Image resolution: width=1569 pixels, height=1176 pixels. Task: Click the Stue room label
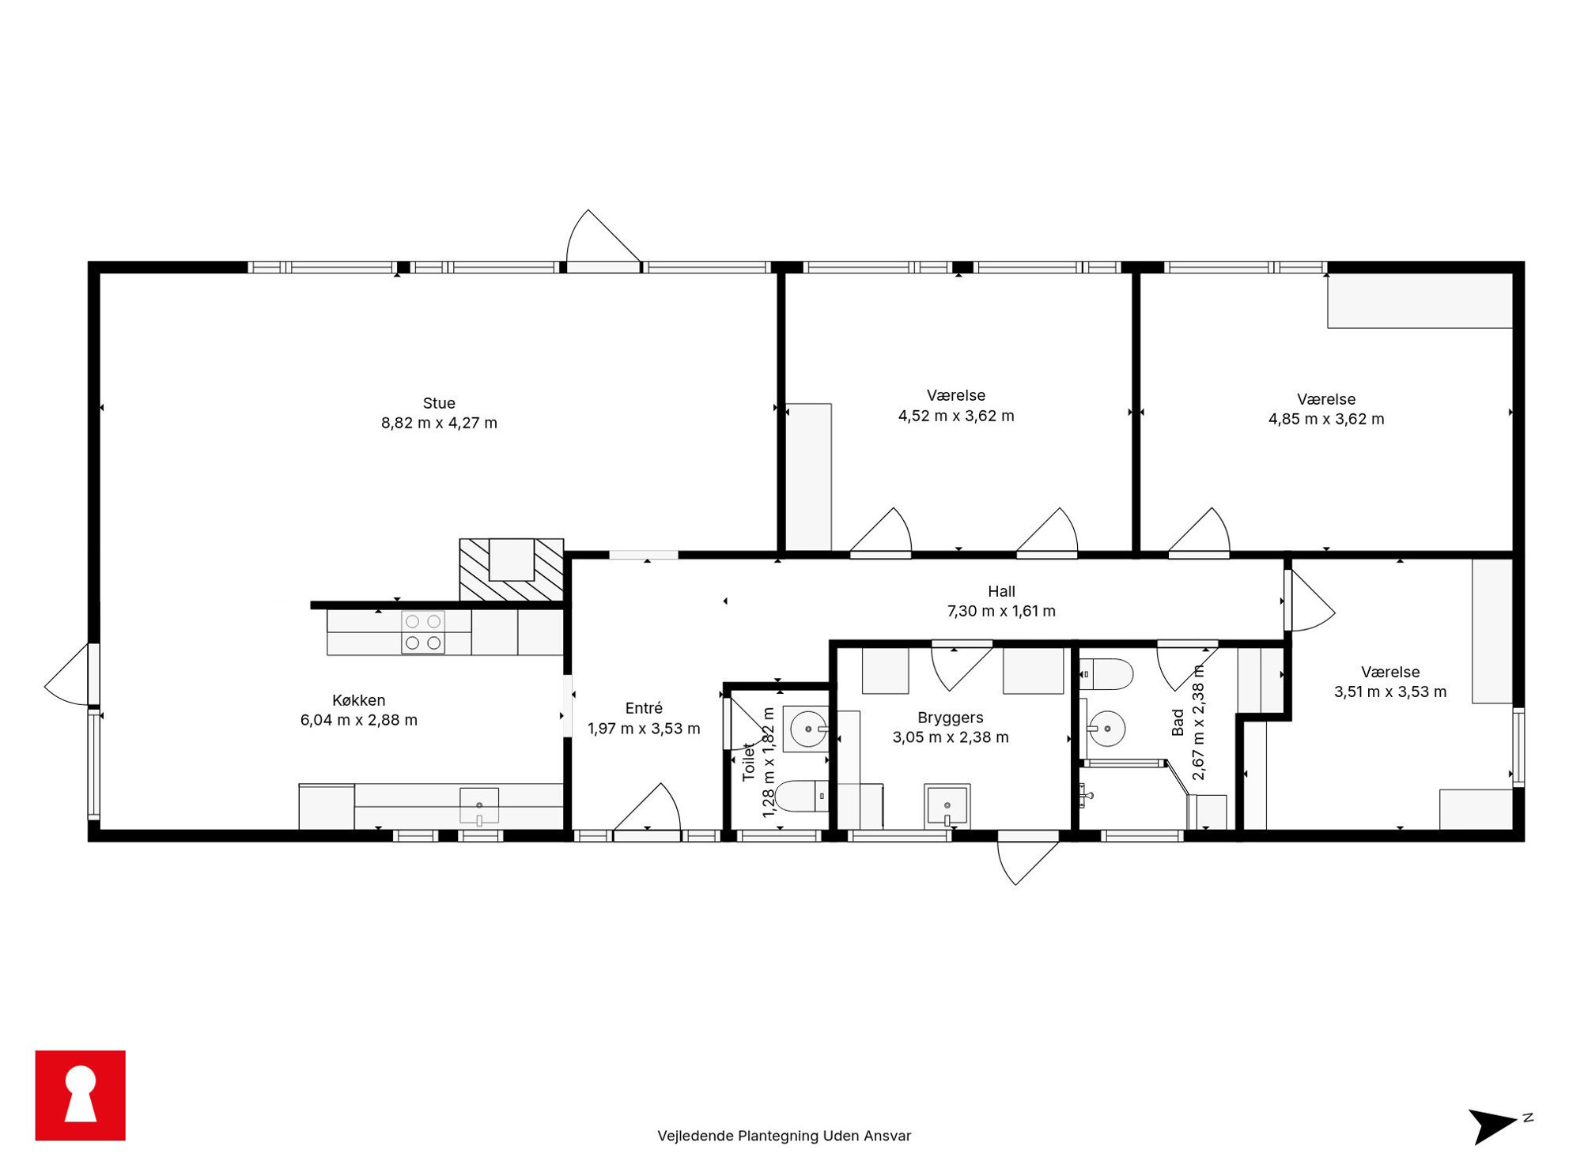(439, 403)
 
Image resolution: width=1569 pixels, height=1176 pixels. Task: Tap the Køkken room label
(359, 700)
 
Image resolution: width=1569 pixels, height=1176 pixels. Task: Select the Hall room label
(1001, 591)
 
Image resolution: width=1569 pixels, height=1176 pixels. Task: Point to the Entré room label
(644, 708)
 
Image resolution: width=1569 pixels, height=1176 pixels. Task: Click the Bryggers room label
(951, 718)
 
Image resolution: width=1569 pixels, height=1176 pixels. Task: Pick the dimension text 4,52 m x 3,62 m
(956, 416)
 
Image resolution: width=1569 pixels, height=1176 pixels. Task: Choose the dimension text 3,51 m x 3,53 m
(1390, 692)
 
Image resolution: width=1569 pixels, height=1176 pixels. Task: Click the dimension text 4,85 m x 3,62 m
(1326, 419)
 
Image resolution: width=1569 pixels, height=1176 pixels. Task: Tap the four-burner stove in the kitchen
(423, 632)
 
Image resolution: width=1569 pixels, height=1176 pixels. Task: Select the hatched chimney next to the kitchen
(512, 570)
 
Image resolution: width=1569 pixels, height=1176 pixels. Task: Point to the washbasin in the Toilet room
(806, 729)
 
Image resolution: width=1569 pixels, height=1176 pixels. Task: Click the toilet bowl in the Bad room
(1106, 674)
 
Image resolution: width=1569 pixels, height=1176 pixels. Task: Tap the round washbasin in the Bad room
(1106, 728)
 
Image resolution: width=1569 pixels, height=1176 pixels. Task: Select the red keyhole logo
(81, 1095)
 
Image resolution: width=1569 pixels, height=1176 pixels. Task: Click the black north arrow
(1493, 1125)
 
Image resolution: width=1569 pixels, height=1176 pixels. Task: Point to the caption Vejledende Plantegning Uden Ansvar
(784, 1136)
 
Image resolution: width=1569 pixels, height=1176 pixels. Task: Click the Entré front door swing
(648, 807)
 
